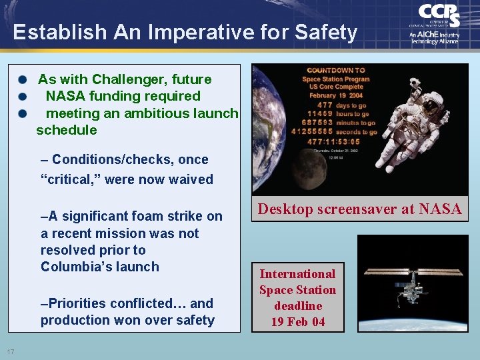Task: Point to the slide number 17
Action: (11, 351)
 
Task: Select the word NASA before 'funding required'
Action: (65, 96)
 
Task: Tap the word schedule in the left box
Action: (66, 130)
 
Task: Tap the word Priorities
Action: (76, 303)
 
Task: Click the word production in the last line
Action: (74, 320)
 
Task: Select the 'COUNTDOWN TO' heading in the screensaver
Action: (335, 71)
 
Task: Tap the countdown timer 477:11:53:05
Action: (334, 141)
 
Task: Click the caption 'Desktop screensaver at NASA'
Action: (359, 209)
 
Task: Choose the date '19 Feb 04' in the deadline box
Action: (297, 322)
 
